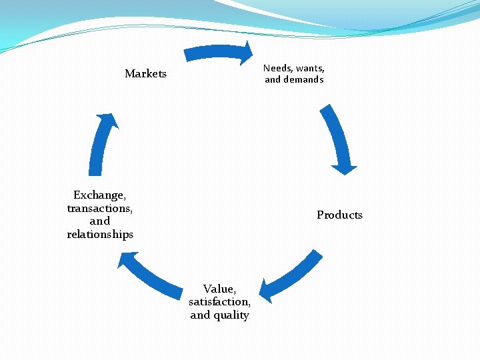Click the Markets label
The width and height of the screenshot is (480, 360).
point(145,73)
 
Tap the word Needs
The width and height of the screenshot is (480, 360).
point(277,68)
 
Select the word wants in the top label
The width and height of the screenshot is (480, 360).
point(309,68)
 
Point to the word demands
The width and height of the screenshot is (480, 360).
point(303,79)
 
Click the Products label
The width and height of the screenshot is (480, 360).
point(339,215)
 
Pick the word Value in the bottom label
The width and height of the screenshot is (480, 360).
point(219,289)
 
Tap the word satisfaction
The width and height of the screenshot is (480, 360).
point(219,301)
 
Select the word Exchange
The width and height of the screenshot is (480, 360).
point(99,195)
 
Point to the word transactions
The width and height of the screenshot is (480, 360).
point(99,208)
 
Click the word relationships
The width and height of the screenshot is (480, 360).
point(100,234)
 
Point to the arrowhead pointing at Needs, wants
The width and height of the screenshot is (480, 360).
point(248,53)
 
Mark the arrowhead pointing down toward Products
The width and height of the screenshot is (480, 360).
point(344,169)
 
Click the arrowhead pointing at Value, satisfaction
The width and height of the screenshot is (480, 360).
point(265,291)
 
